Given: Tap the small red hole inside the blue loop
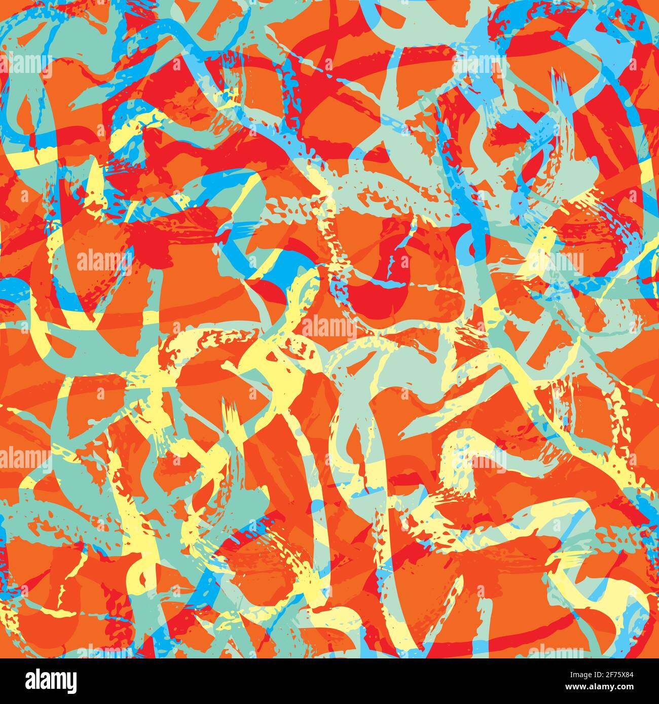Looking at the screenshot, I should point(474,248).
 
